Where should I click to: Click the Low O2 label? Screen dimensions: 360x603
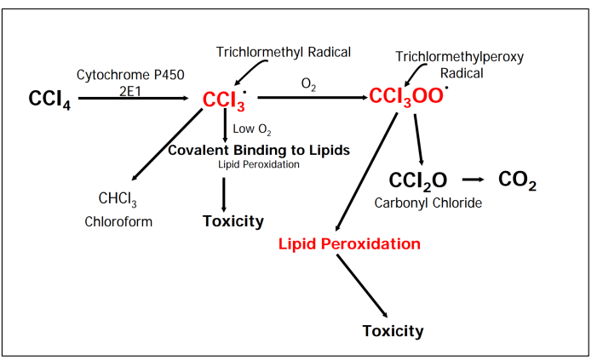coord(251,129)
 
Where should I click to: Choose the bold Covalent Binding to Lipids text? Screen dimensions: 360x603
coord(258,150)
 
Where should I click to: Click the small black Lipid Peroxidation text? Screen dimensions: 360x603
coord(259,164)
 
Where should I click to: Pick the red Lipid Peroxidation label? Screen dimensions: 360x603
coord(349,244)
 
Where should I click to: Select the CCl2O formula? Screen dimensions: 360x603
coord(418,180)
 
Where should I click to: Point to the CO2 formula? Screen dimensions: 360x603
coord(517,180)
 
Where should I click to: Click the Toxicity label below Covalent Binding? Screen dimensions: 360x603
coord(233,222)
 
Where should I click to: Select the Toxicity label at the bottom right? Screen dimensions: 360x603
coord(393,331)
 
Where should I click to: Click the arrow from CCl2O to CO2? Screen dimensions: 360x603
coord(473,180)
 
